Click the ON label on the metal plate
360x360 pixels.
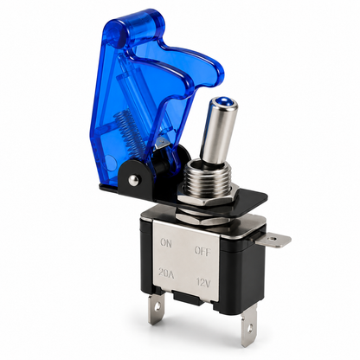tap(166, 243)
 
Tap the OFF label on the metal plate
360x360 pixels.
tap(202, 251)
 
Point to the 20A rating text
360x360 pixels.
tap(166, 273)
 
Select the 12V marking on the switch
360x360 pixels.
tap(203, 282)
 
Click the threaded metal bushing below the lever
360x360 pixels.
tap(205, 177)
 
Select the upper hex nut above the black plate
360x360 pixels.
tap(204, 200)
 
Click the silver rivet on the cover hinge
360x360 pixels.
tap(133, 181)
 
